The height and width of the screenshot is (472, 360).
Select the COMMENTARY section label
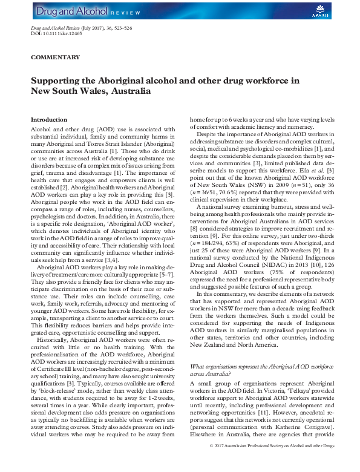(55, 57)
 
